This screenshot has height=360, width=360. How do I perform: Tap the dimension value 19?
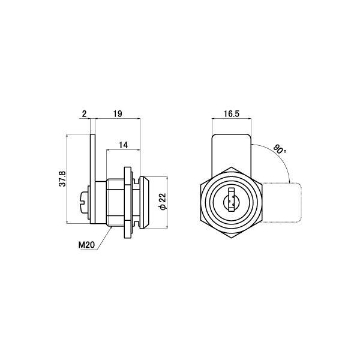point(118,113)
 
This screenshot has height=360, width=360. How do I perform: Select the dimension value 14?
point(123,145)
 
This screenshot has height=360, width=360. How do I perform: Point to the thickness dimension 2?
point(85,113)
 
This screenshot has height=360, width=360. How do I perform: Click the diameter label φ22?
point(163,201)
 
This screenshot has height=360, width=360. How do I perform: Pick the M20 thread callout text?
point(86,245)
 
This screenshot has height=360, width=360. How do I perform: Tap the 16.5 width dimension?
point(231,113)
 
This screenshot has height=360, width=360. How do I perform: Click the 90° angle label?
point(280,149)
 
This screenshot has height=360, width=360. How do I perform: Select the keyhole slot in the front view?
point(232,200)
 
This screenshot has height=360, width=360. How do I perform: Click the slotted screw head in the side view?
point(84,202)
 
